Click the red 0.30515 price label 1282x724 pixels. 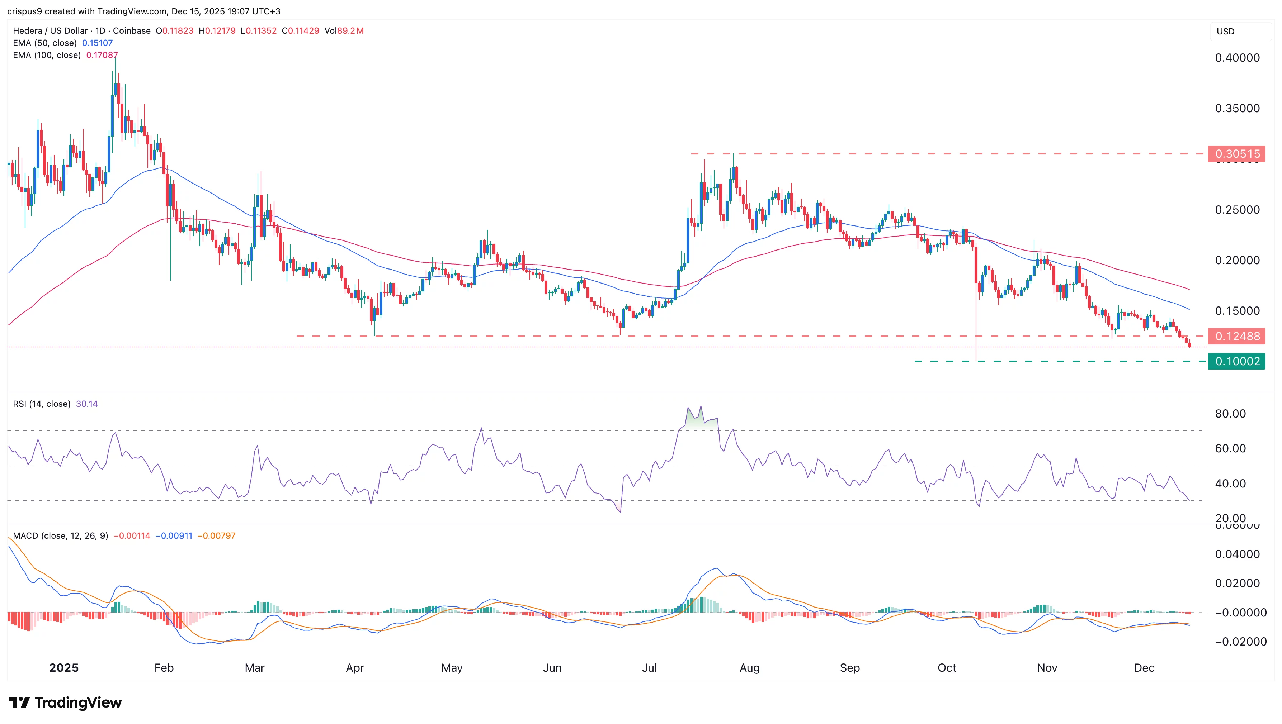1237,154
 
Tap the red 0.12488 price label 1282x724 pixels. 1237,336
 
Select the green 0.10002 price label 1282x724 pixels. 1237,361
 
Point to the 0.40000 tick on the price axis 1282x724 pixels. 1237,58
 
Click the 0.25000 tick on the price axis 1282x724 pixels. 1237,210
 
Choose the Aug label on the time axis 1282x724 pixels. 749,668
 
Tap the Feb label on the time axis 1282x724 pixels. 164,668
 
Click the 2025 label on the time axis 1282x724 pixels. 64,668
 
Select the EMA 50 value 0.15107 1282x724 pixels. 97,43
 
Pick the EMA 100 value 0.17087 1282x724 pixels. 102,55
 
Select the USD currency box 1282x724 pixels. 1225,31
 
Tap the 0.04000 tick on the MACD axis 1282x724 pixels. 1237,554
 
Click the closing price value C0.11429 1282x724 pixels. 301,31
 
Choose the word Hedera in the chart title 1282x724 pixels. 28,31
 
